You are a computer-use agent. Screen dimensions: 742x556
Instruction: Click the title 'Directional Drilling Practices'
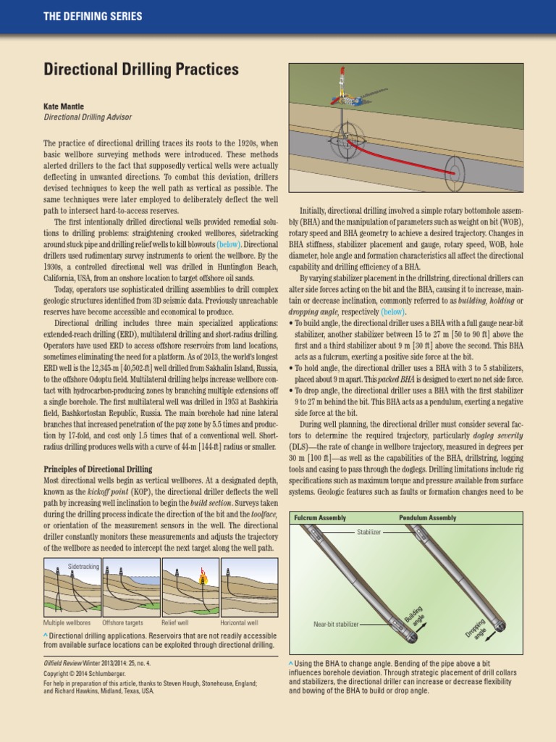coord(141,70)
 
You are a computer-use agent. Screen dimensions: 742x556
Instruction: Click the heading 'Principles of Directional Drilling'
coord(98,470)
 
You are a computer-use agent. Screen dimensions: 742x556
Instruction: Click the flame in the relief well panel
coord(203,577)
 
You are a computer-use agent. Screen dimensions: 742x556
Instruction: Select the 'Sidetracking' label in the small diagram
coord(83,565)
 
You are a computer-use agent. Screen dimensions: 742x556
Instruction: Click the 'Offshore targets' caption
coord(123,622)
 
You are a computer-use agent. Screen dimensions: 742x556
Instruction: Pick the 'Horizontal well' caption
coord(239,622)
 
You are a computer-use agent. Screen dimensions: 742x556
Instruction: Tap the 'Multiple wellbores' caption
coord(67,622)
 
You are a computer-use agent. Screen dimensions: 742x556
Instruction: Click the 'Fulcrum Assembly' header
coord(320,518)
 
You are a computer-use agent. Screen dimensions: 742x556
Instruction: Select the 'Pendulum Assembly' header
coord(428,518)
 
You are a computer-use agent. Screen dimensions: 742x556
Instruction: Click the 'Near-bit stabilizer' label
coord(336,624)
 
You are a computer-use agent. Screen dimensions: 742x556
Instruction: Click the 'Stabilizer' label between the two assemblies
coord(368,532)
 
